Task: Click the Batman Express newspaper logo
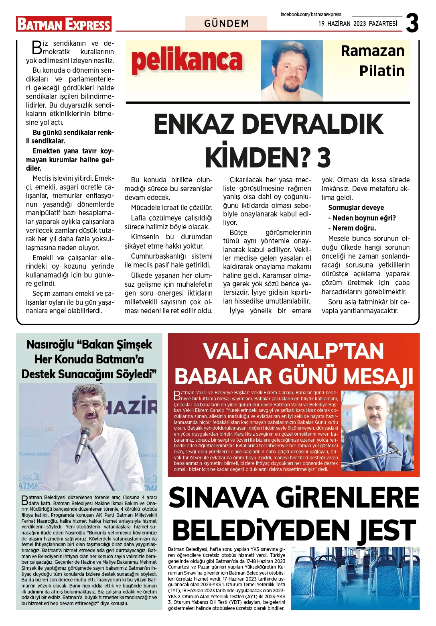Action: point(64,24)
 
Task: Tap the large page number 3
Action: point(412,23)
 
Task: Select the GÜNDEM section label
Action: point(226,23)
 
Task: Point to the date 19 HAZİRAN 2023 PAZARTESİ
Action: point(358,24)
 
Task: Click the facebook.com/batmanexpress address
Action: point(310,14)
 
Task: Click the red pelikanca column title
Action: point(187,60)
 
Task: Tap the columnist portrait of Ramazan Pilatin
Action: point(292,70)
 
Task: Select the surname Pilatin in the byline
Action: point(381,71)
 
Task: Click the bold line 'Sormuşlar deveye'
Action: point(356,208)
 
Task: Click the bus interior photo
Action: point(355,578)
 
